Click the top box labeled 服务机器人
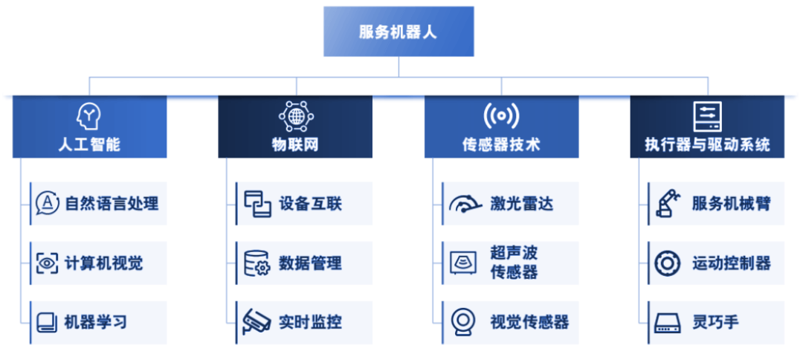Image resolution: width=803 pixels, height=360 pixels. [x=399, y=32]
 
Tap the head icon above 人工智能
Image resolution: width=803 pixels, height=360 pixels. [x=89, y=116]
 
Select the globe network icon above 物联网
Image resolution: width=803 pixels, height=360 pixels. [x=295, y=116]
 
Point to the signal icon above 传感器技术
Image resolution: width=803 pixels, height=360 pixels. [x=501, y=116]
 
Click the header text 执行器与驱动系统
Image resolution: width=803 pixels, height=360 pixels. [x=707, y=144]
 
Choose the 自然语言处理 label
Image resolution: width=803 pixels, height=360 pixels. [x=112, y=203]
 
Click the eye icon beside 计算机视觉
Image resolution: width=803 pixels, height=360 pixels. [x=48, y=263]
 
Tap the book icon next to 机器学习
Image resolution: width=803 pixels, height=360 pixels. [x=48, y=322]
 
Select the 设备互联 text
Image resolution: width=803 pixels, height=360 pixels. [x=311, y=203]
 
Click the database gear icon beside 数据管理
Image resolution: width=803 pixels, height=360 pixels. [x=257, y=263]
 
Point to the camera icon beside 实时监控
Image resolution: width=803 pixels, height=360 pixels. [x=257, y=322]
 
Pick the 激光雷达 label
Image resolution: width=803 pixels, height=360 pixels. [x=522, y=203]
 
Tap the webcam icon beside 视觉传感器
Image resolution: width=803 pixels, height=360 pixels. [x=463, y=322]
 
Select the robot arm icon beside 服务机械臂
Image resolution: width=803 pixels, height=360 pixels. [x=668, y=203]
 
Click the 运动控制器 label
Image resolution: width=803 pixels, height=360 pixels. [x=731, y=263]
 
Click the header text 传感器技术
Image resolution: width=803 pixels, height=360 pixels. [x=501, y=144]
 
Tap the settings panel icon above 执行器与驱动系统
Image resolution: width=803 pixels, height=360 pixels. [x=707, y=116]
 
